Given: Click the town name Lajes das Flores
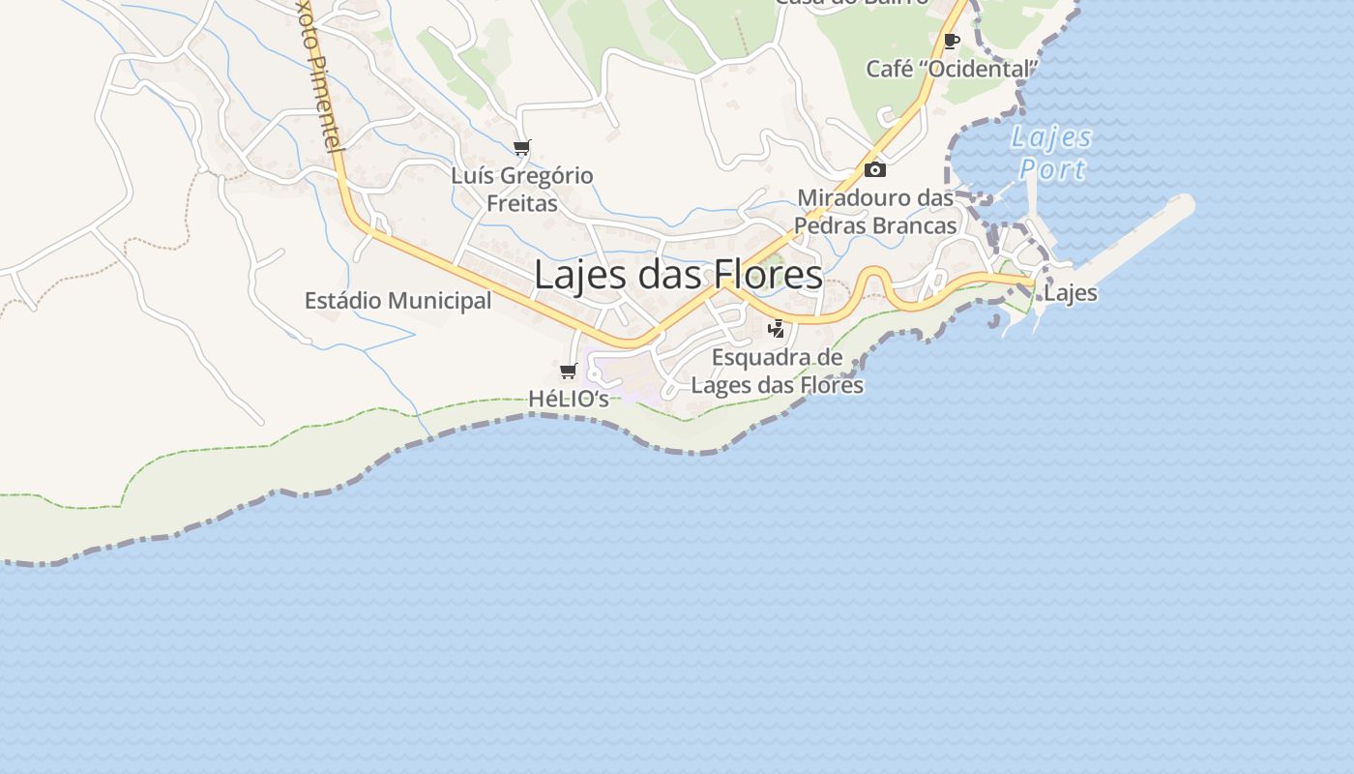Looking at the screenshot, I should click(x=678, y=275).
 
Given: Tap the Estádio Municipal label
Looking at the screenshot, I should click(x=397, y=301).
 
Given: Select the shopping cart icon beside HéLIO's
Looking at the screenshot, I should click(x=569, y=372).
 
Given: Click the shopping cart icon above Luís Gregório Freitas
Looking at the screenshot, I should click(x=522, y=148).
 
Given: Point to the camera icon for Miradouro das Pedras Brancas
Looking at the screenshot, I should click(x=874, y=170).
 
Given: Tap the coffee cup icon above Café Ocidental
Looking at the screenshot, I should click(x=952, y=41).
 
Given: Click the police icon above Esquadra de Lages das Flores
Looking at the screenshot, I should click(x=776, y=329).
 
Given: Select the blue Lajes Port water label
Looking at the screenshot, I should click(x=1052, y=153).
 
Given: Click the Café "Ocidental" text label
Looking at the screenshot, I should click(x=952, y=69).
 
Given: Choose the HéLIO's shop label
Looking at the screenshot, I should click(x=569, y=398).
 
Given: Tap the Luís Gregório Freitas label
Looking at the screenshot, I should click(x=522, y=190).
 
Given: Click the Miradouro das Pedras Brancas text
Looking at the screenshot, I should click(x=875, y=212).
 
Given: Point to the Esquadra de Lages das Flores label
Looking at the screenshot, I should click(x=777, y=372).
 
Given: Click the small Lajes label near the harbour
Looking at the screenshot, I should click(x=1071, y=293).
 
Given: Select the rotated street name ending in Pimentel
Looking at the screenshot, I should click(x=320, y=75).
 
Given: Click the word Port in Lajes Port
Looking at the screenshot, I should click(x=1052, y=170).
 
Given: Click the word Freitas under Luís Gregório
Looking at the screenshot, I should click(x=522, y=203).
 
